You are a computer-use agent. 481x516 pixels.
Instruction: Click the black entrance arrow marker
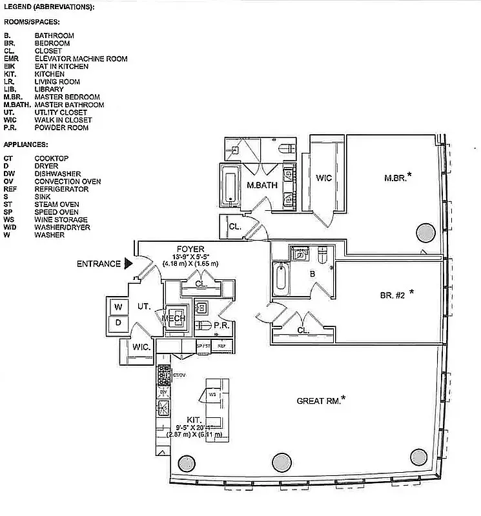point(128,263)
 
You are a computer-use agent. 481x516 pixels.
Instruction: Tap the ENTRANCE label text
point(98,264)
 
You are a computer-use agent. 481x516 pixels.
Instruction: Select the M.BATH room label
point(262,185)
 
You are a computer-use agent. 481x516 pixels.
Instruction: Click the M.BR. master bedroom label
point(396,177)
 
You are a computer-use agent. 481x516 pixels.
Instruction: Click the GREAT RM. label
point(319,401)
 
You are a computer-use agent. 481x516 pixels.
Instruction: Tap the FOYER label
point(190,248)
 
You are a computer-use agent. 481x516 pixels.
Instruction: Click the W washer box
point(118,306)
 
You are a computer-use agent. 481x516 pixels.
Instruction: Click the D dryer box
point(118,322)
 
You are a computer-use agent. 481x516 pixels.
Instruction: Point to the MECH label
point(174,319)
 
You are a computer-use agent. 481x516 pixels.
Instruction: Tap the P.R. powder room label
point(222,326)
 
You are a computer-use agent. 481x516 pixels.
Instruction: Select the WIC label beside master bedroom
point(323,178)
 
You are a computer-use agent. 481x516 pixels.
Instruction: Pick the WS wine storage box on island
point(212,394)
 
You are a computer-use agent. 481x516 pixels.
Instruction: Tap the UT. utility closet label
point(143,308)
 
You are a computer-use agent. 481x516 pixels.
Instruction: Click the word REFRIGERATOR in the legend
point(62,189)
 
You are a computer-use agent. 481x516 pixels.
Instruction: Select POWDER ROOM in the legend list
point(61,128)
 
